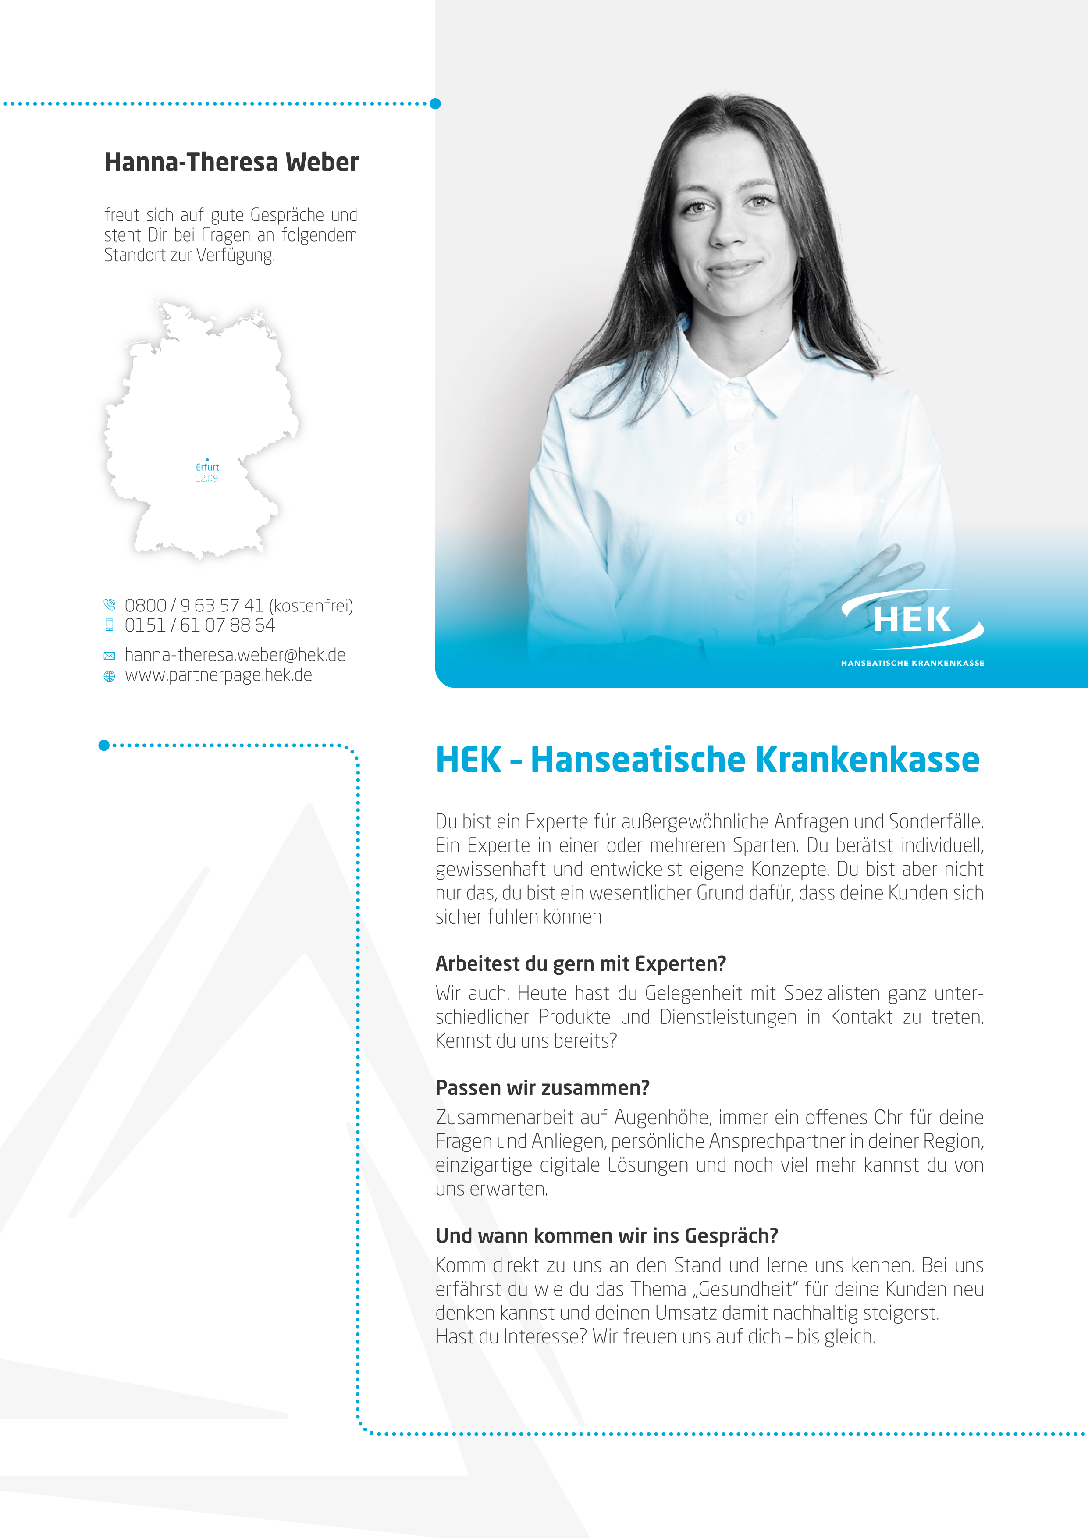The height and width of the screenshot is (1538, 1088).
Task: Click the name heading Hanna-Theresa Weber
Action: [x=231, y=163]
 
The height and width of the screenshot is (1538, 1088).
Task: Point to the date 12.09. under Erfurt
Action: [x=207, y=478]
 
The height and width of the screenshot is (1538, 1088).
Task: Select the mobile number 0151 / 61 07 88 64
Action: [x=199, y=625]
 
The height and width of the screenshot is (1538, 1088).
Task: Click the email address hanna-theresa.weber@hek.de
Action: [x=235, y=655]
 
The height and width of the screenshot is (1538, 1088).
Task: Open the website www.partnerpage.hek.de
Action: [x=218, y=675]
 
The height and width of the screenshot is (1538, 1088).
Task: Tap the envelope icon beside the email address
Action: [x=109, y=656]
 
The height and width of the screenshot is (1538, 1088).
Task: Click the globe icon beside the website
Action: [x=109, y=677]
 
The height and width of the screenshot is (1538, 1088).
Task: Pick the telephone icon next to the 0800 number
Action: [x=109, y=605]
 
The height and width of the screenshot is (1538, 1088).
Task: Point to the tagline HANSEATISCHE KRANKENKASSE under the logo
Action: [x=913, y=663]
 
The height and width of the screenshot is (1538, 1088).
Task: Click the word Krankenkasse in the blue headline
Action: [x=868, y=760]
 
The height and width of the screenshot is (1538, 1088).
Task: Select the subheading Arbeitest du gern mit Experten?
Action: [x=580, y=964]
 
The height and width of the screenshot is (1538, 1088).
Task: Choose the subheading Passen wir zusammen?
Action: [x=542, y=1088]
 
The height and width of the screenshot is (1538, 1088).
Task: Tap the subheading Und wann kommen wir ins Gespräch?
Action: [x=606, y=1236]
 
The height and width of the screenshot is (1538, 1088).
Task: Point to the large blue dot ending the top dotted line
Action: [x=435, y=104]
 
